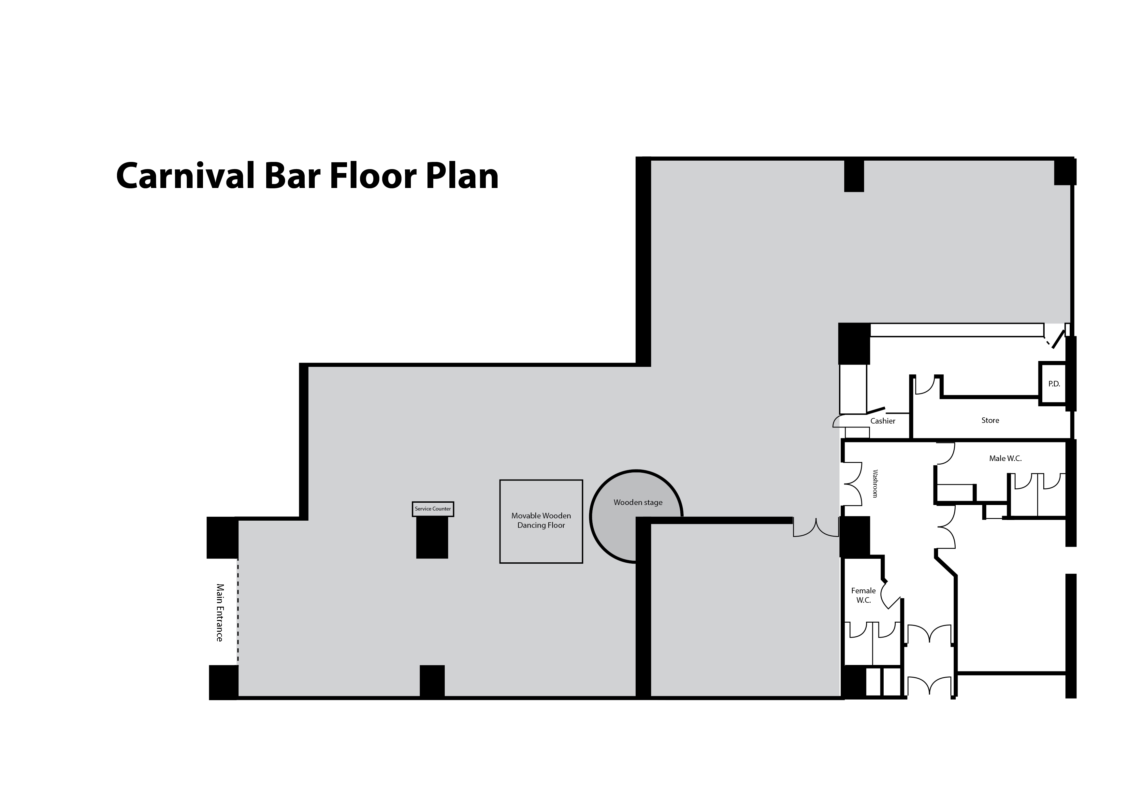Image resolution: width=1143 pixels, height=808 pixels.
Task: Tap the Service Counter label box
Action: tap(433, 509)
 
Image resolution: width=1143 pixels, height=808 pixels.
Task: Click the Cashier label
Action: tap(883, 421)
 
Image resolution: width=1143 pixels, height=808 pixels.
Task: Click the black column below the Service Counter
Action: tap(432, 538)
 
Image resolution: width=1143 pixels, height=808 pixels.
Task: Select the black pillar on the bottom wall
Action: tap(432, 681)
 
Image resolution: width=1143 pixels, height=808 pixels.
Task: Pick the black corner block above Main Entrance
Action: tap(222, 538)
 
